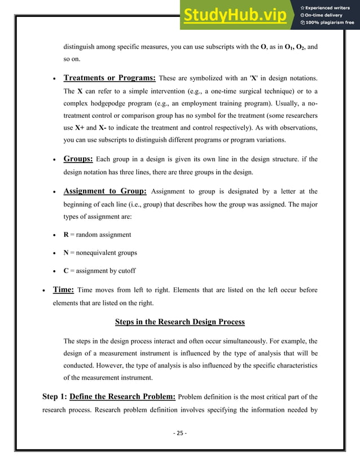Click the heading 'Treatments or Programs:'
coord(109,78)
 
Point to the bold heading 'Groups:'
coord(78,159)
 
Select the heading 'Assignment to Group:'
coord(105,191)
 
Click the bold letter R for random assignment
coord(66,235)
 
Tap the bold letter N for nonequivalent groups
coord(67,253)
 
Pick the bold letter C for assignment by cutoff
coord(66,271)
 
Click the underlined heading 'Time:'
coord(63,289)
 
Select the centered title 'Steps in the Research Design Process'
coord(179,322)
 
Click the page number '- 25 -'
coord(179,433)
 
